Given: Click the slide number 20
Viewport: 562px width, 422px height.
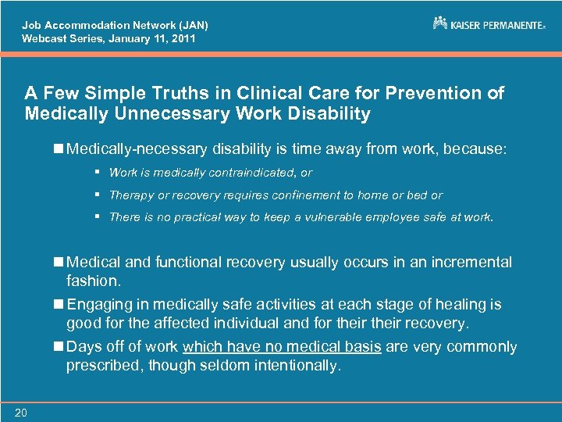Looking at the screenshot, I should (x=20, y=413).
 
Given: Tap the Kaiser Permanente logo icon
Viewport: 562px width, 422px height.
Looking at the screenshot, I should (x=440, y=23).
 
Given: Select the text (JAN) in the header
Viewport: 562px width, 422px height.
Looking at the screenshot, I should (x=190, y=24).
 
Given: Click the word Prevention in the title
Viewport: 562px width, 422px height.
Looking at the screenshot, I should (x=443, y=93).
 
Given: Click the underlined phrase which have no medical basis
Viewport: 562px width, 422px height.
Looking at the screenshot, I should (x=281, y=346).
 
